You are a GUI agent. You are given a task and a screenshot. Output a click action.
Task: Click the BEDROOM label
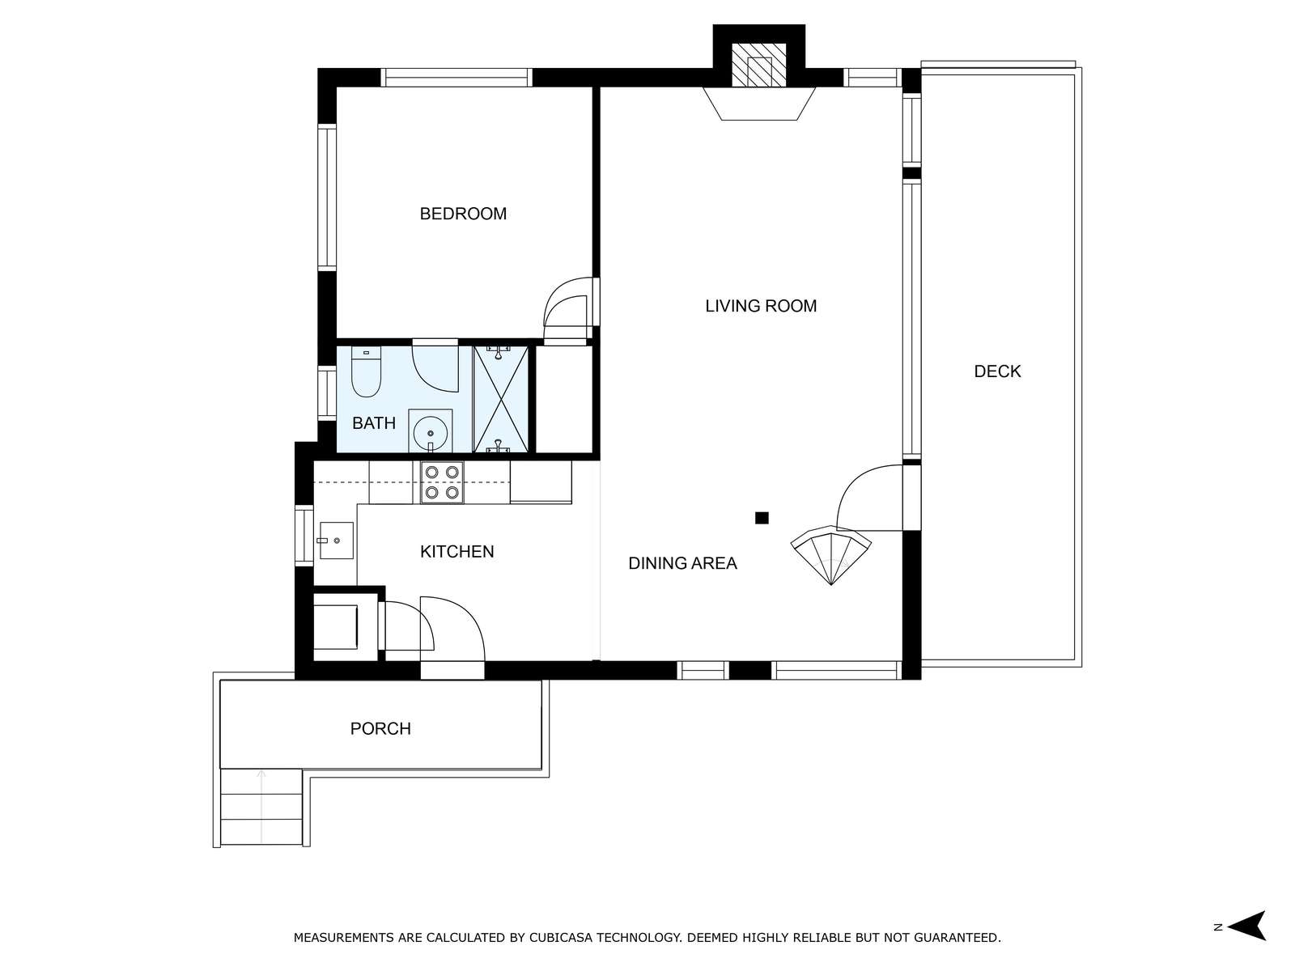[462, 214]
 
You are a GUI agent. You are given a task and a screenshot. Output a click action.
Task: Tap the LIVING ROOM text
[761, 306]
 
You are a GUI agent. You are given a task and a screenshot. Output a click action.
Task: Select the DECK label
[997, 371]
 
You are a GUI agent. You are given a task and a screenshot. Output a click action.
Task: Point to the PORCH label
[380, 729]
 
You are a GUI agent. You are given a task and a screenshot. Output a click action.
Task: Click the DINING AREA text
[682, 563]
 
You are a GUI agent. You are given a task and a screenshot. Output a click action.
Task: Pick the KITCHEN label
[456, 552]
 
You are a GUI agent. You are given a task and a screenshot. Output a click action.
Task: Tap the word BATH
[373, 422]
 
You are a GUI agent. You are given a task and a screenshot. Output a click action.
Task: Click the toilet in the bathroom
[366, 371]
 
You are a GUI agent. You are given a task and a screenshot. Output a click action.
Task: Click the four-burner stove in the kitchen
[442, 482]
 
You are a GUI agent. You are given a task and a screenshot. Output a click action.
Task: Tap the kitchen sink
[336, 540]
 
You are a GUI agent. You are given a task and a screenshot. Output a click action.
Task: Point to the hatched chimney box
[758, 65]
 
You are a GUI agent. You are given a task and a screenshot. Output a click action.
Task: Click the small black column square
[762, 518]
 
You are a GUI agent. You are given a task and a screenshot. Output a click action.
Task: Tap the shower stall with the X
[500, 399]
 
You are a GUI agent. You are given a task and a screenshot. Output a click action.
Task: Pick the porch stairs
[261, 806]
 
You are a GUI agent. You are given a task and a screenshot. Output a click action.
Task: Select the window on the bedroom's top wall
[456, 78]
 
